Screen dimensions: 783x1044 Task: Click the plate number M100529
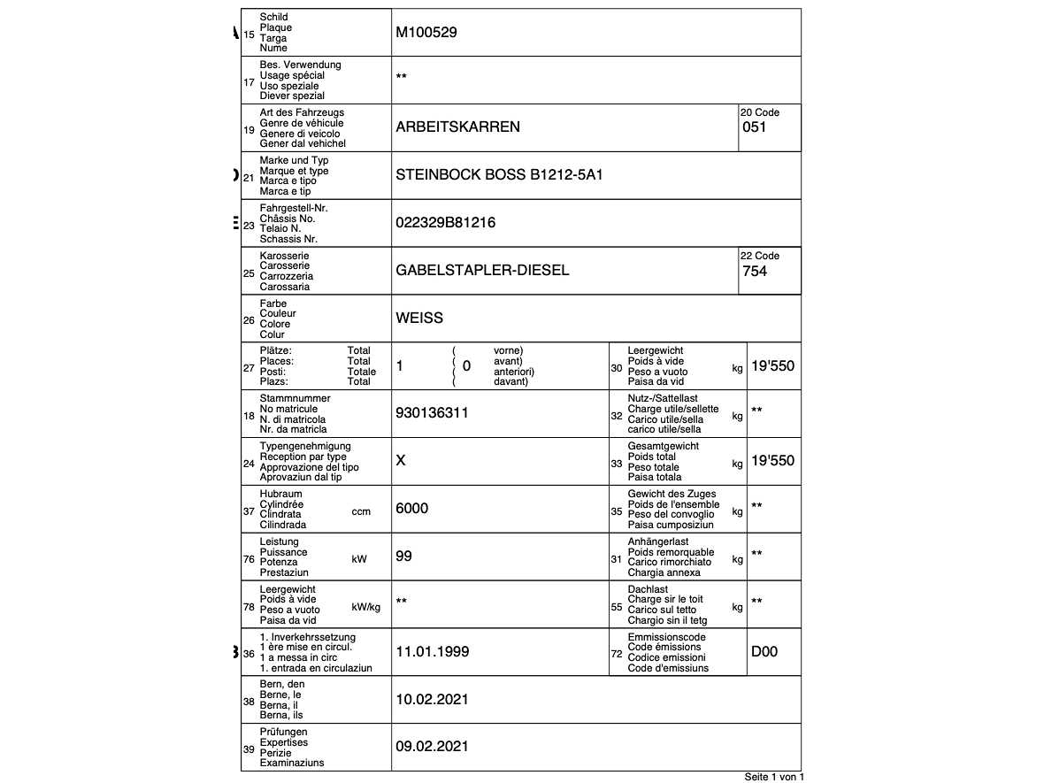426,33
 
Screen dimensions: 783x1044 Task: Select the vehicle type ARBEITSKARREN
457,127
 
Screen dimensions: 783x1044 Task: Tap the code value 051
755,127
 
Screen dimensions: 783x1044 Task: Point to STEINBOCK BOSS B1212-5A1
499,175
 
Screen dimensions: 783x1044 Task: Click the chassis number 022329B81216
445,223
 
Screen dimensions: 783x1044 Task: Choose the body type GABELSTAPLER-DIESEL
482,271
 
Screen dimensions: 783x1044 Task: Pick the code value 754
755,272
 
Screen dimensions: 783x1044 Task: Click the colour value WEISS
419,319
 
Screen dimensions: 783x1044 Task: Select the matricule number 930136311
432,413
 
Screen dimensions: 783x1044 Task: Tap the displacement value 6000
411,508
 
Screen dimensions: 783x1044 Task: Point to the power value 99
403,557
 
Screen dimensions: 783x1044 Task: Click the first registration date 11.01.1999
432,652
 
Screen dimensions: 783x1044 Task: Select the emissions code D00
764,652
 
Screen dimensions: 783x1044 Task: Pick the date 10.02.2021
432,700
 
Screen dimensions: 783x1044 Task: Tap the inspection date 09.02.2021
432,747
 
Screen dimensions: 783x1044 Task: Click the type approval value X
401,461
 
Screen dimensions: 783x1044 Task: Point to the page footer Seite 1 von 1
774,777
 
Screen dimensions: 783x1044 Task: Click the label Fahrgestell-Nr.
294,208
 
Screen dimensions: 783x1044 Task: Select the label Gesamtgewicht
664,446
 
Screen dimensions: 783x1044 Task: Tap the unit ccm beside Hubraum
361,511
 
